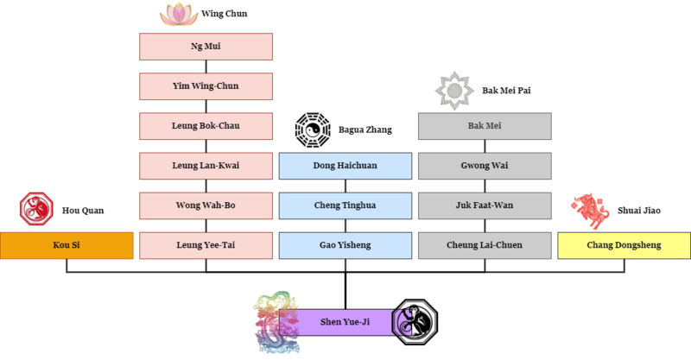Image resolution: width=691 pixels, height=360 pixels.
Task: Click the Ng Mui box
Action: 206,47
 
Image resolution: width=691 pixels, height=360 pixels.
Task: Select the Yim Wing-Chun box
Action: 206,86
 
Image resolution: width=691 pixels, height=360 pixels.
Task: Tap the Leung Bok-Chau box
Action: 206,126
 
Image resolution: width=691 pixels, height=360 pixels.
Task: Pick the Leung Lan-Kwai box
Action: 206,166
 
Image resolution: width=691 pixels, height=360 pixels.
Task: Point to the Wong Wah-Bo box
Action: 206,205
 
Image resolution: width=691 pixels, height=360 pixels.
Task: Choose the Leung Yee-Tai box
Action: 206,245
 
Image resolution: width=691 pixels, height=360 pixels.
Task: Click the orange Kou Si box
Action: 67,245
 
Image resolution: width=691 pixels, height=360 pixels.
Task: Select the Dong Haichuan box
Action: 345,166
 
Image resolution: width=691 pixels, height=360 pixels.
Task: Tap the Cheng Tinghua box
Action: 345,205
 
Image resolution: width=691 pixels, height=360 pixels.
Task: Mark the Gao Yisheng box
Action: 345,245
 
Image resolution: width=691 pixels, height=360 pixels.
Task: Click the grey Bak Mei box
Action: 485,126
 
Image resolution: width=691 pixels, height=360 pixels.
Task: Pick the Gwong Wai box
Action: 485,166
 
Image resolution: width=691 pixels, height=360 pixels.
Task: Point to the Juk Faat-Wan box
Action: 485,205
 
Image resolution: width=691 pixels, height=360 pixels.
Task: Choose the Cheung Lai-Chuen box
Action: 485,245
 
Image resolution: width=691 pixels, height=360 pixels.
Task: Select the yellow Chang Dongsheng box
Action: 624,245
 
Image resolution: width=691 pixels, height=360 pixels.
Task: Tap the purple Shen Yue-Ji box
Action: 345,323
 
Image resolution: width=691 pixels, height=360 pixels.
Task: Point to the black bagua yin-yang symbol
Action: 312,129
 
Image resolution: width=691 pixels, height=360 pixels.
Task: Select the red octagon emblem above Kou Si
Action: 36,208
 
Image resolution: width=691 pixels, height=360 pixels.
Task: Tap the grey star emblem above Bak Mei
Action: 454,90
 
